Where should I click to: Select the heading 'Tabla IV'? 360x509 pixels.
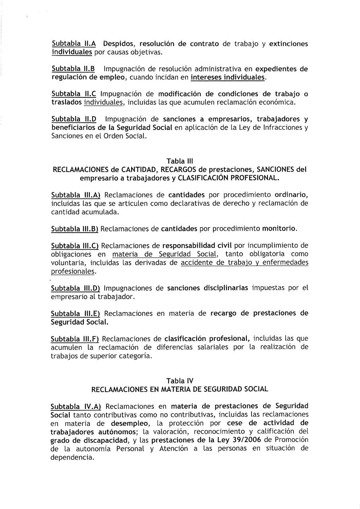[180, 381]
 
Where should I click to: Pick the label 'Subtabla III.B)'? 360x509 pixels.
[75, 229]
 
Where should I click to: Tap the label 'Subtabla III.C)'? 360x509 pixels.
[75, 246]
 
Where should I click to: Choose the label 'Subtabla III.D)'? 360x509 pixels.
[75, 288]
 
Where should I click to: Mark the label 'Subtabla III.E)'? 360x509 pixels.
[75, 313]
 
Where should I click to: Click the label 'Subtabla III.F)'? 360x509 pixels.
[75, 338]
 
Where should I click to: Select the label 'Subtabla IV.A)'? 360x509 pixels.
[76, 406]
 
